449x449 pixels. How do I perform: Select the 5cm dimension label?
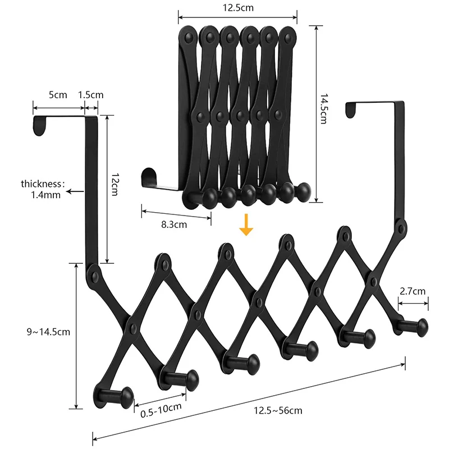click(57, 95)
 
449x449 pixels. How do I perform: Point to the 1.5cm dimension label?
click(90, 95)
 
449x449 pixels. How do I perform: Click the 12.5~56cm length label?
click(278, 410)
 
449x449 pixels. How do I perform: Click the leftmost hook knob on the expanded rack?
click(125, 397)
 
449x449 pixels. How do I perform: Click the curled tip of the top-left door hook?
click(39, 126)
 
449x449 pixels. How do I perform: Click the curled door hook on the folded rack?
click(147, 177)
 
